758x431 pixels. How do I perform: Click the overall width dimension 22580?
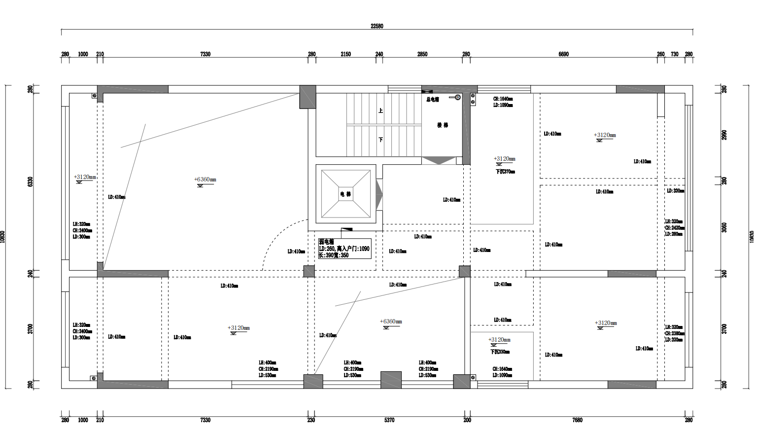tap(377, 26)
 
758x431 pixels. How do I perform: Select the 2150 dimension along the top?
tap(345, 54)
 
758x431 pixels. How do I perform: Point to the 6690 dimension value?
tap(563, 54)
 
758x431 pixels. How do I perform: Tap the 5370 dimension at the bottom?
tap(389, 420)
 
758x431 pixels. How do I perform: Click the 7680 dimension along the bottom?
tap(577, 420)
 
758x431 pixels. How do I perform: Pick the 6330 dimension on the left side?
tap(31, 181)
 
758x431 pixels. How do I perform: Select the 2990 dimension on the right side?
tap(724, 135)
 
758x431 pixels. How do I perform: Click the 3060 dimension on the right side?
tap(724, 227)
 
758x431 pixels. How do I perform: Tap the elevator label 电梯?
tap(345, 194)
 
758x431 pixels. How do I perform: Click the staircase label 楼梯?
tap(443, 125)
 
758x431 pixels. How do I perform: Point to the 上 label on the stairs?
tap(380, 110)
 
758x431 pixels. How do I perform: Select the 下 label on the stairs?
tap(380, 140)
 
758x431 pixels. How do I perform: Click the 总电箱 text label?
tap(432, 100)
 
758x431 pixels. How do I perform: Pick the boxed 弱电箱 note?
tap(344, 249)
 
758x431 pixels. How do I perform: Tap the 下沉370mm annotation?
tap(505, 172)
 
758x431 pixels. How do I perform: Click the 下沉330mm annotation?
tap(500, 352)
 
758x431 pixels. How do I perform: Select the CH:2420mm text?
tap(674, 228)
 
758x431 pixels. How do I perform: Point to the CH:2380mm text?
tap(674, 333)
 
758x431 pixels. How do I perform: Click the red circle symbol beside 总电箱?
tap(457, 98)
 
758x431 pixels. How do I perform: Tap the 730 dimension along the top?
tap(674, 54)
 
